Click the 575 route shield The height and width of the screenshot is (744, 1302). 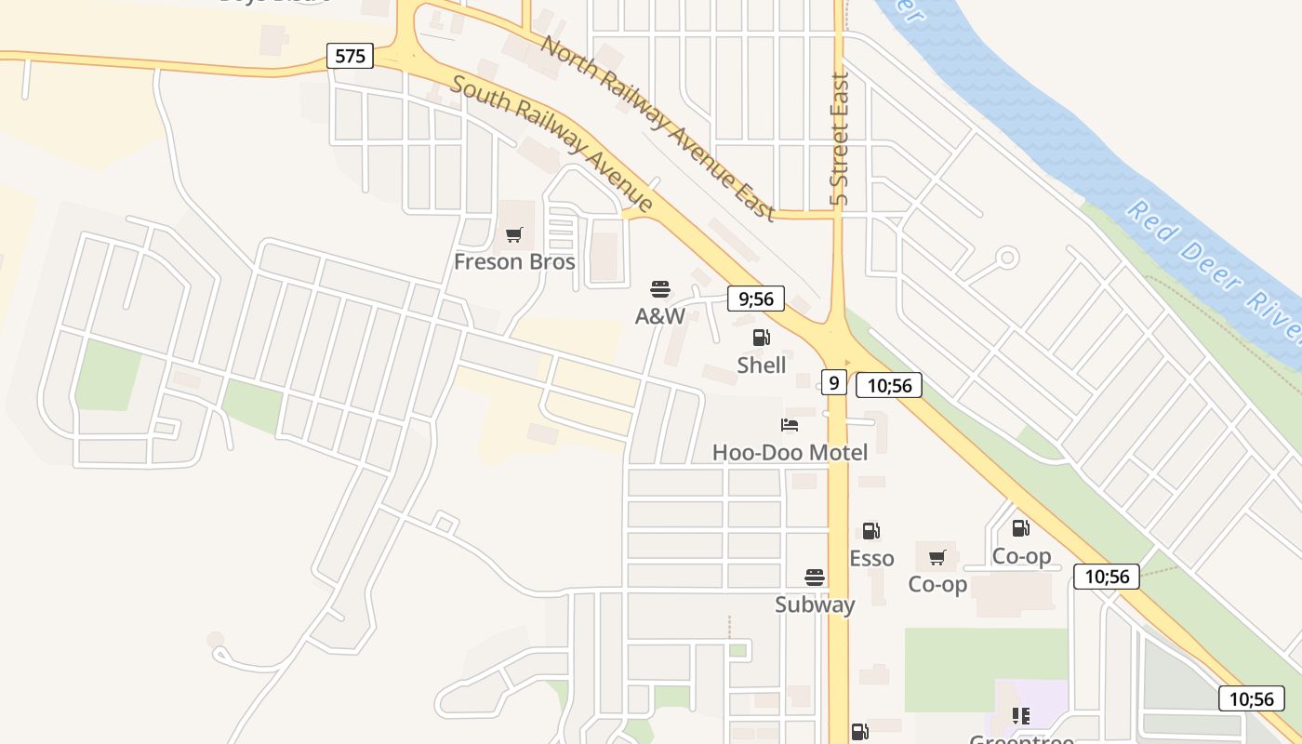pos(350,56)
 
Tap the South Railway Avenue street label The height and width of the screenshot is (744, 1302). pos(552,143)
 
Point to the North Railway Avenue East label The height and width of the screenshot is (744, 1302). pos(658,127)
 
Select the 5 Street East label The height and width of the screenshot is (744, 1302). pos(840,139)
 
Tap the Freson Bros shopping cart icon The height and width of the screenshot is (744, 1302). pos(514,234)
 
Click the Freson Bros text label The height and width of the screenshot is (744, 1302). pos(514,262)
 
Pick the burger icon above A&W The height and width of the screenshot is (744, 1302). pos(660,289)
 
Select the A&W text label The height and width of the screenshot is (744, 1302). pos(660,316)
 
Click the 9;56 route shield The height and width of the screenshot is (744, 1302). pos(756,299)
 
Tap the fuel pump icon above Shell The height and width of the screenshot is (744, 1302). pos(762,338)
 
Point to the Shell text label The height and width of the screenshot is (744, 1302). pos(762,365)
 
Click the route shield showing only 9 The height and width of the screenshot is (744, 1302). pos(834,382)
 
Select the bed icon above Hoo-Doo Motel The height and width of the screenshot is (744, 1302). pos(790,425)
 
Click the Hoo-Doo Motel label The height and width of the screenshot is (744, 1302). pos(790,453)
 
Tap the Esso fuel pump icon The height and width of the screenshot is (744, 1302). pos(871,531)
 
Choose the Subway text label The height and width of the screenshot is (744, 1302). pos(815,604)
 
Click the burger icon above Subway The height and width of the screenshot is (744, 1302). pos(815,578)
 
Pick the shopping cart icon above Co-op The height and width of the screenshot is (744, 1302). pos(937,557)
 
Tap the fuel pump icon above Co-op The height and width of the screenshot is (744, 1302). pos(1021,528)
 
